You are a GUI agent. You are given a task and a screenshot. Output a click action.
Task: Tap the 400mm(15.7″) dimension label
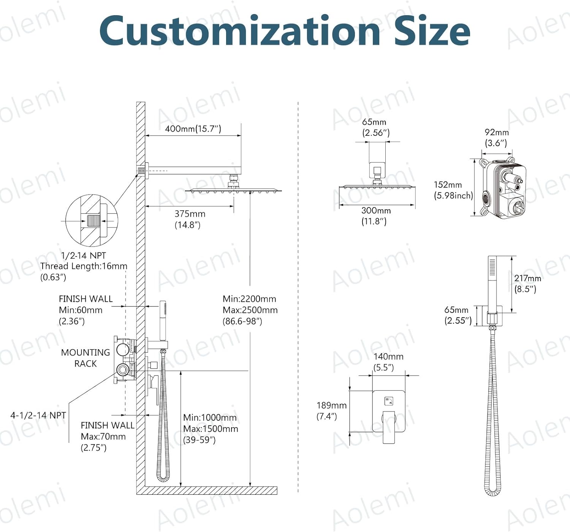(193, 129)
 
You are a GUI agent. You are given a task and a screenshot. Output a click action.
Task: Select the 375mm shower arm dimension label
(190, 214)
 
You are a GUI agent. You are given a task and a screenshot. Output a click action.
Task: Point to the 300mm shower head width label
(376, 211)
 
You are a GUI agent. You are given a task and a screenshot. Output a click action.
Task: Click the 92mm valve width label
(496, 132)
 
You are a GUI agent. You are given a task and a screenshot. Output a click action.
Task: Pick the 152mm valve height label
(448, 185)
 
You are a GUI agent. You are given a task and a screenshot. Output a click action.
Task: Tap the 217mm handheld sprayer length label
(527, 278)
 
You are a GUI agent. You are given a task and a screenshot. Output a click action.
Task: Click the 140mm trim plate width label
(388, 357)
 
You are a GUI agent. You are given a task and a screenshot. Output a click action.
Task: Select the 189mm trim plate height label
(331, 406)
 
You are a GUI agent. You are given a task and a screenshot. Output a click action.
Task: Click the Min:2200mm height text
(249, 299)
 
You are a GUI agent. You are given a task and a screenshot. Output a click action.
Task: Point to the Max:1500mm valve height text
(211, 429)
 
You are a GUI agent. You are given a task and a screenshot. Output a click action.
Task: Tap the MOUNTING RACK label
(85, 358)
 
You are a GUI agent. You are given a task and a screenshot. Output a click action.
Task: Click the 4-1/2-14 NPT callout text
(38, 415)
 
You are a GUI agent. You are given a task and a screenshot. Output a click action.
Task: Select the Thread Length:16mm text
(84, 266)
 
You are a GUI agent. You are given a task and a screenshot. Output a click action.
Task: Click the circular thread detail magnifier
(92, 221)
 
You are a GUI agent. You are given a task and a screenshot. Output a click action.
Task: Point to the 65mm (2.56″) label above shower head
(375, 127)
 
